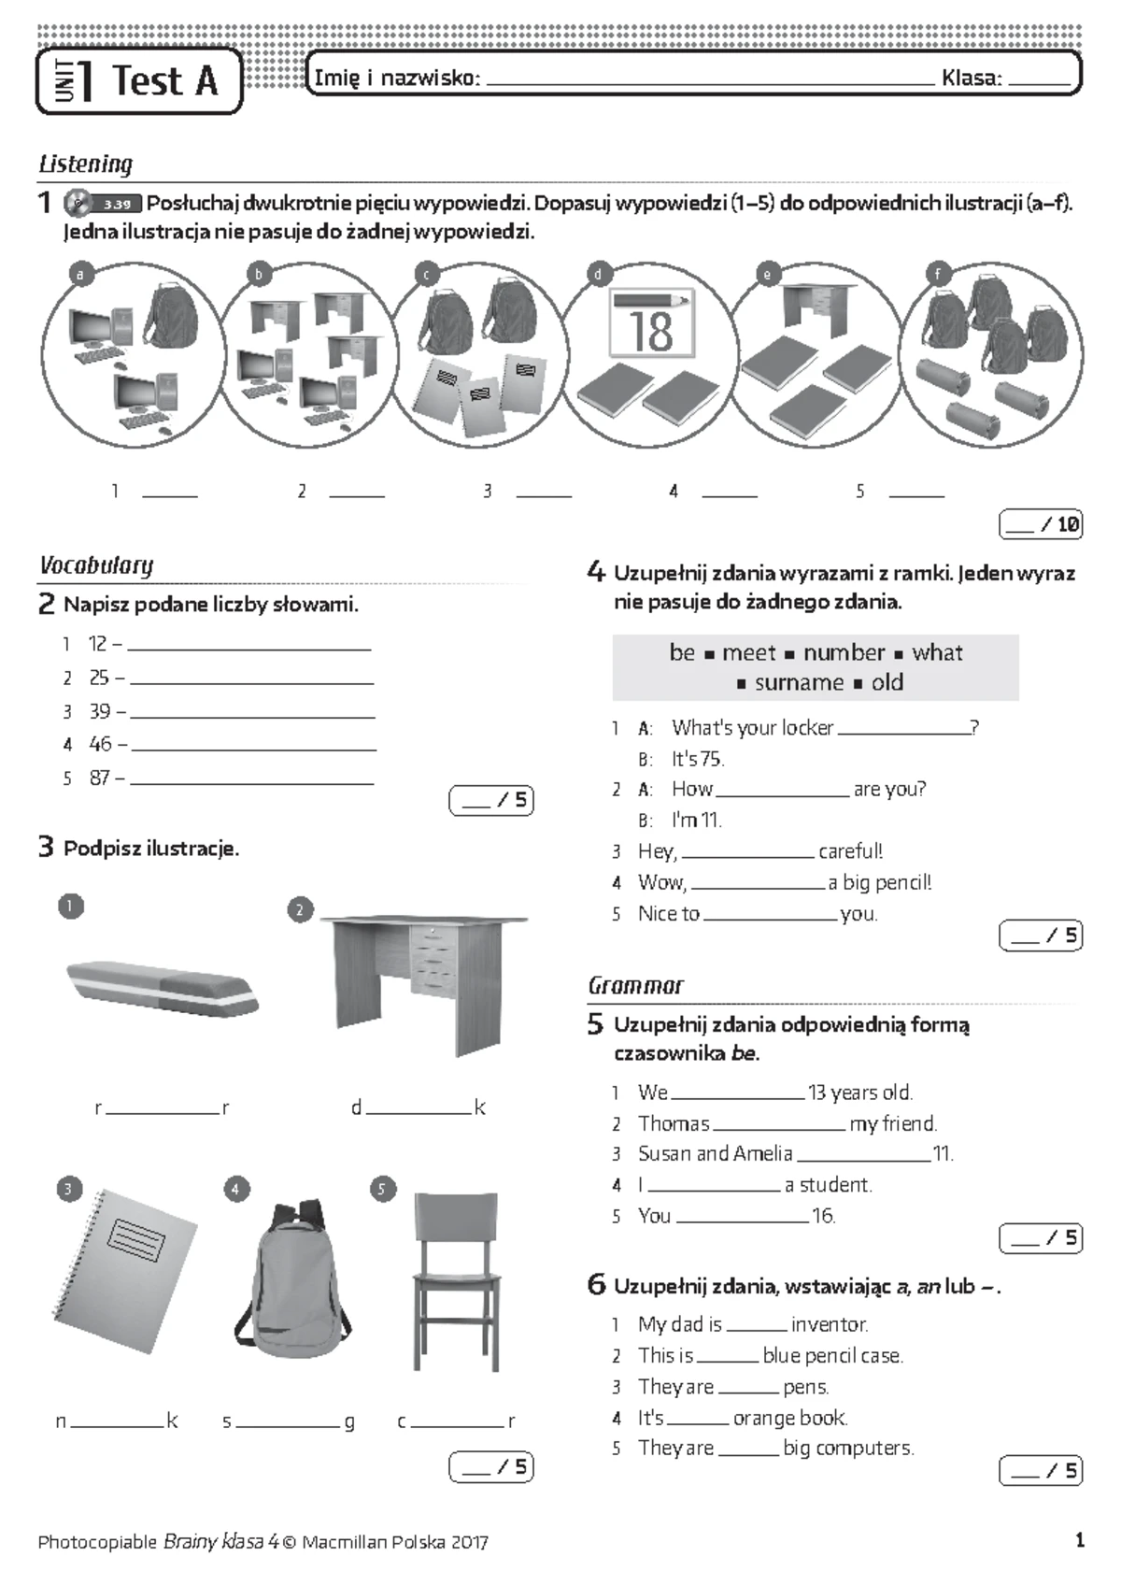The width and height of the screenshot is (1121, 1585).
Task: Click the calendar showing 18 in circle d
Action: coord(651,323)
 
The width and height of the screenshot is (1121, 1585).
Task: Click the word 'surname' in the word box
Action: coord(799,683)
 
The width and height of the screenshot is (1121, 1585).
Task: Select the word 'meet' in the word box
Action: coord(749,652)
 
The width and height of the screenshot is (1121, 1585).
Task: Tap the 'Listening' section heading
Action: coord(86,164)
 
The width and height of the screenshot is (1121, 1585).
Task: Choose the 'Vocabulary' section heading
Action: coord(96,565)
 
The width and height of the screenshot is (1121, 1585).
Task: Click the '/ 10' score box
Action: coord(1041,524)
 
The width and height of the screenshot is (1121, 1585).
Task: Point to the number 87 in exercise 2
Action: coord(100,778)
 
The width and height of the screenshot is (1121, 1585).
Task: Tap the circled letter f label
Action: coord(937,274)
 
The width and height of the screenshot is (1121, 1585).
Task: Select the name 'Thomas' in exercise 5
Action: coord(674,1123)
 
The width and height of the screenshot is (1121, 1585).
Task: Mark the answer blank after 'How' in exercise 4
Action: coord(783,791)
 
